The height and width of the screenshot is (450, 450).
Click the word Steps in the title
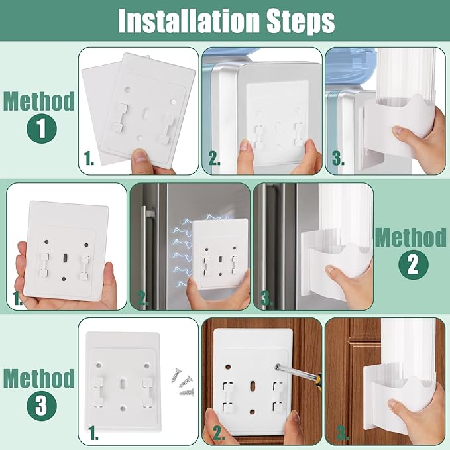click(x=301, y=21)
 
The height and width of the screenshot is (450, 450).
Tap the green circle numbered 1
click(x=42, y=129)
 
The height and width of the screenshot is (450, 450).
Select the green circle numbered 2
click(x=414, y=264)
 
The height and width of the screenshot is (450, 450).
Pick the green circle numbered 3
click(x=42, y=406)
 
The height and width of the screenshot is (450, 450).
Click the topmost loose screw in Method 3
click(x=178, y=375)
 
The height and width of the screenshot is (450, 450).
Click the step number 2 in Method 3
click(x=219, y=433)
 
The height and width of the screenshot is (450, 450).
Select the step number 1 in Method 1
click(x=89, y=158)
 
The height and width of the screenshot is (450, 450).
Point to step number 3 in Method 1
click(x=338, y=158)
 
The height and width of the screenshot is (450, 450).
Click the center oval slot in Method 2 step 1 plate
click(x=65, y=258)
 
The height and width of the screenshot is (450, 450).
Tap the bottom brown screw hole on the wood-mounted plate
click(x=253, y=412)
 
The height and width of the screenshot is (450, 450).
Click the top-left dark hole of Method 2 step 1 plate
click(x=46, y=242)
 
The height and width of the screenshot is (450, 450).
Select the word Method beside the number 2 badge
click(x=410, y=237)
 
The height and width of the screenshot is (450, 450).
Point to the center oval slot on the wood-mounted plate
click(x=253, y=386)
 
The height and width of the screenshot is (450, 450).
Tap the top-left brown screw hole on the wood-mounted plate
click(x=228, y=366)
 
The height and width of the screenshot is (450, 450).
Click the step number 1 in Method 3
click(x=93, y=433)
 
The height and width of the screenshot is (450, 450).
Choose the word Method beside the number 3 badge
click(x=39, y=379)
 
